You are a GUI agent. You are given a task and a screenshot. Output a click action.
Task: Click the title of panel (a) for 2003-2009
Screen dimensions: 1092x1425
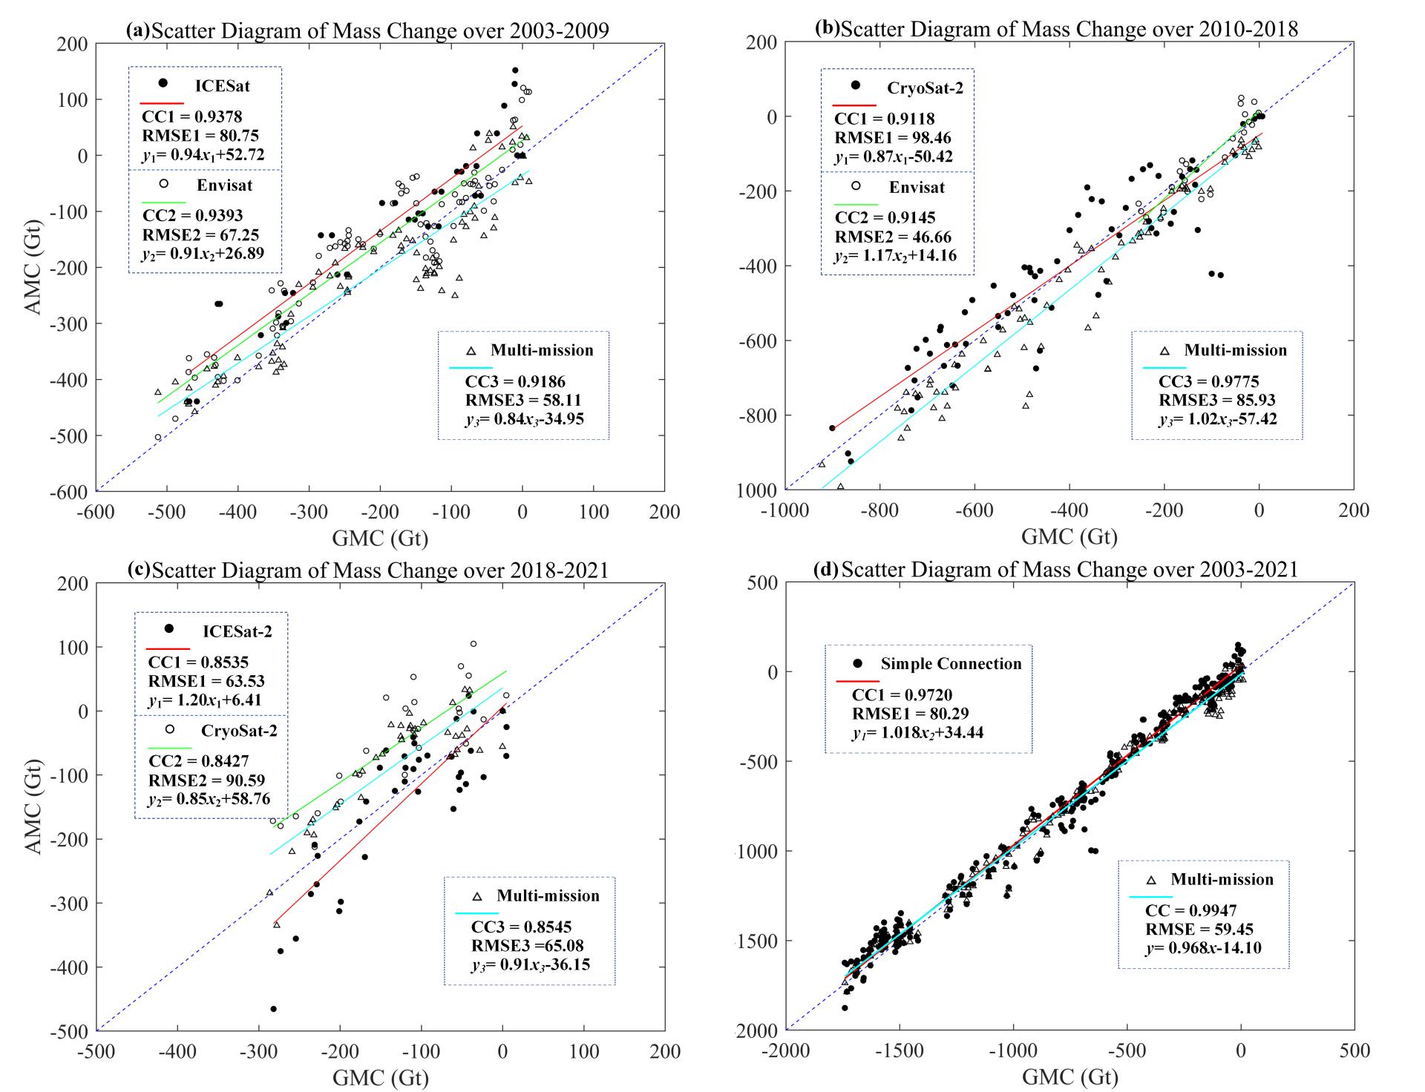coord(367,30)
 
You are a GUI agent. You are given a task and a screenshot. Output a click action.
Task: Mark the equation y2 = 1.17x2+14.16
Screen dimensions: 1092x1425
coord(896,256)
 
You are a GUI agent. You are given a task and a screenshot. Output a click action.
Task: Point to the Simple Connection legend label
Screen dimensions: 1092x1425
coord(951,664)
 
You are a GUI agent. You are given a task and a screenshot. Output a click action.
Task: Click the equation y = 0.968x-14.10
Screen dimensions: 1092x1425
coord(1203,948)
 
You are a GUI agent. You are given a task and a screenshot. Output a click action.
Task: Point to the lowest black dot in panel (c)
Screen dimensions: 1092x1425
coord(273,1009)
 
